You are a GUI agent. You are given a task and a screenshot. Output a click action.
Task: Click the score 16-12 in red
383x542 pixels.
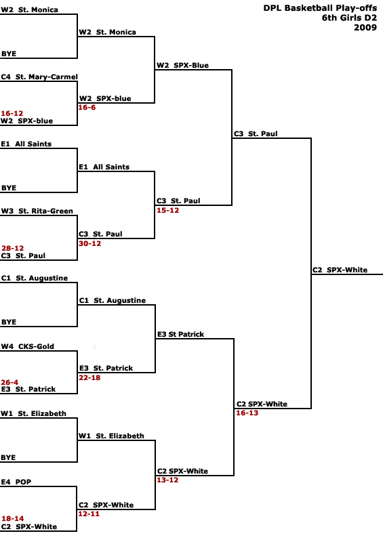[x=12, y=113]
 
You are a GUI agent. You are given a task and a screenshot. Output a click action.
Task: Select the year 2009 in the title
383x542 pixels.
[x=365, y=27]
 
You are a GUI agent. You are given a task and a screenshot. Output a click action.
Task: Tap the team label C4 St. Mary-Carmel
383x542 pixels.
[x=39, y=77]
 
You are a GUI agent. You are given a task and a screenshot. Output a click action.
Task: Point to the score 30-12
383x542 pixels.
[x=90, y=243]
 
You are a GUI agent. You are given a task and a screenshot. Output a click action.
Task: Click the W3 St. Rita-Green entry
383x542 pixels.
[x=37, y=211]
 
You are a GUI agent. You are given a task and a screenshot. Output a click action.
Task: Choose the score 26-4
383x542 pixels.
[x=9, y=382]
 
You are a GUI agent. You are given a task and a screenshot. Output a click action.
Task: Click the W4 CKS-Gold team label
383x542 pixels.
[x=28, y=346]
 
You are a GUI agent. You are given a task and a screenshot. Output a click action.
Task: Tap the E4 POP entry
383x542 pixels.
[x=16, y=482]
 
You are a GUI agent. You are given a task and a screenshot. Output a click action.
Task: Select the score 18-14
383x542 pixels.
[x=13, y=518]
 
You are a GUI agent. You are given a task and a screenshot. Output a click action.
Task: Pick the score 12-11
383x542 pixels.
[x=89, y=514]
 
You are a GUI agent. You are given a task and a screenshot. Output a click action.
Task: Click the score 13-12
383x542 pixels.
[x=168, y=480]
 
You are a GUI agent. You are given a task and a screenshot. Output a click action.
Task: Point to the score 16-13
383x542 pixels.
[x=247, y=413]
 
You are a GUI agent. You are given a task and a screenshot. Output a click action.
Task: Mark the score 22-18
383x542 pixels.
[x=89, y=377]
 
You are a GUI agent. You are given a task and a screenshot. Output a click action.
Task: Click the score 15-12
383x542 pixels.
[x=168, y=210]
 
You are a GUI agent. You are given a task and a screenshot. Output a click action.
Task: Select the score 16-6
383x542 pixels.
[x=87, y=108]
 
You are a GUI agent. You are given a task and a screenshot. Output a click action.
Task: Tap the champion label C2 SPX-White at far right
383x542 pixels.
[x=340, y=270]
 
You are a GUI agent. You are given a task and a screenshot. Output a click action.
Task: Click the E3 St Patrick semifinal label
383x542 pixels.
[x=180, y=334]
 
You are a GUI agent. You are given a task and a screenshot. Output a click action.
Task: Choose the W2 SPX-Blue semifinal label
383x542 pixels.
[x=182, y=65]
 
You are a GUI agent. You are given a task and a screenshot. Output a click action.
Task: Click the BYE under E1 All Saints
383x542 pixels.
[x=9, y=188]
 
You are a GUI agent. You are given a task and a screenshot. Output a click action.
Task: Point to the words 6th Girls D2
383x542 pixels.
[x=349, y=18]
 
